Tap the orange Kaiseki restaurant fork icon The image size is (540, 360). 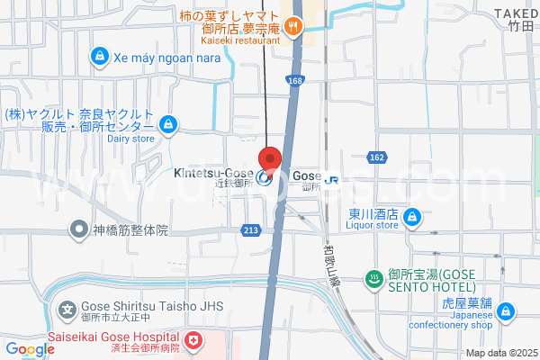point(293,26)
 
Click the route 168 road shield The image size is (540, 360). point(296,80)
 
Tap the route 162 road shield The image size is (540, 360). point(376,157)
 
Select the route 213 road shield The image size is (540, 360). point(251,231)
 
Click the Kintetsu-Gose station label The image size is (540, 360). point(213,175)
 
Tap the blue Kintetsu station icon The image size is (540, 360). point(265,177)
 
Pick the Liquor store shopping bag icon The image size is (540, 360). point(411,217)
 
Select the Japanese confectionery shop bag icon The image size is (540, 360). point(506,312)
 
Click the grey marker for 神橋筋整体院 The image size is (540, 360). point(80,229)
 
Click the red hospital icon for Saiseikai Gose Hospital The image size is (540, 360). point(194,339)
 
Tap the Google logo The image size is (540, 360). point(30,349)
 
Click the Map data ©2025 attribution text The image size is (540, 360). point(500,353)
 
